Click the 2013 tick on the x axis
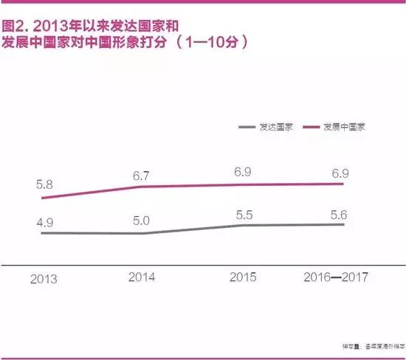click(x=46, y=280)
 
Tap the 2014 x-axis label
click(x=142, y=278)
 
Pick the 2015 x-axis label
click(x=242, y=278)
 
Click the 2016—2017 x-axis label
click(x=336, y=278)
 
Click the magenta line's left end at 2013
click(x=43, y=198)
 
